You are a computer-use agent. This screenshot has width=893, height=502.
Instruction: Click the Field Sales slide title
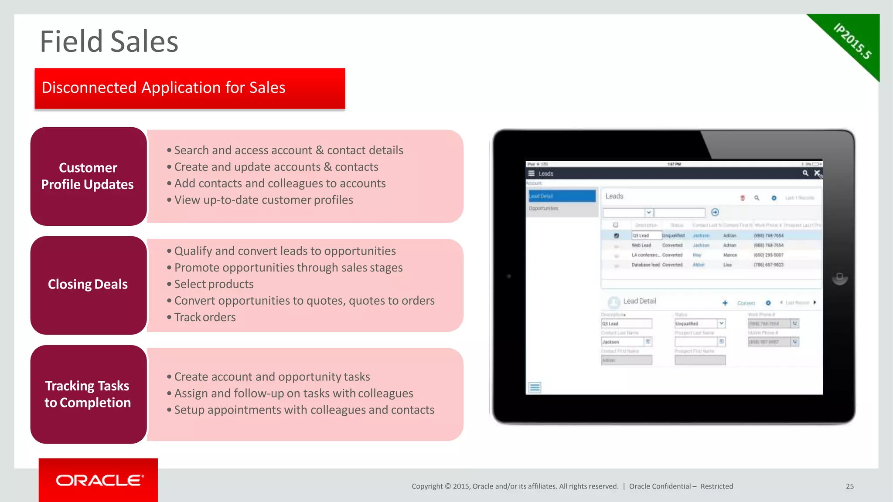[x=109, y=42]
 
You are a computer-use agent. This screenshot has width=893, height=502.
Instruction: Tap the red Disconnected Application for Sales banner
[x=190, y=88]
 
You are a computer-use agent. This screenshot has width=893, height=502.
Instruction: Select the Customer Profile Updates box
[x=88, y=176]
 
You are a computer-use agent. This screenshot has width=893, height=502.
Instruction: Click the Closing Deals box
[x=88, y=285]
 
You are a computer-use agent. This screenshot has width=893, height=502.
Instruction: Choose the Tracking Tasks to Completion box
[x=88, y=394]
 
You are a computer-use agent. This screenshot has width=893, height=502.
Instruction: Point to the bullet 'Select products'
[x=214, y=284]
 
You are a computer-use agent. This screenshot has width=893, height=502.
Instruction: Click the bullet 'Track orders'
[x=205, y=317]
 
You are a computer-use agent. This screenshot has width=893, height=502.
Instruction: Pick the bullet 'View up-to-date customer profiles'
[x=263, y=200]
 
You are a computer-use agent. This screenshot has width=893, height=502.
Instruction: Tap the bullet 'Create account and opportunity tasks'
[x=272, y=377]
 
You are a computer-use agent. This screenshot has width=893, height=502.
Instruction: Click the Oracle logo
[x=99, y=480]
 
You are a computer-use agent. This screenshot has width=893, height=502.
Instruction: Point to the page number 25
[x=849, y=486]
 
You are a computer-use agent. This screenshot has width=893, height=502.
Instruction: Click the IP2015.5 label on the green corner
[x=852, y=41]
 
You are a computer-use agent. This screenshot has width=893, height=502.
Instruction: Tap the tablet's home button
[x=839, y=277]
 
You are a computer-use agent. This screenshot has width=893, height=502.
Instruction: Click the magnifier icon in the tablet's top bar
[x=805, y=173]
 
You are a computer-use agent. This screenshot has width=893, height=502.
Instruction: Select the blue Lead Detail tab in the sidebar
[x=562, y=196]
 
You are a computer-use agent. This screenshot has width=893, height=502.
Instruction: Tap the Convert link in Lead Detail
[x=746, y=303]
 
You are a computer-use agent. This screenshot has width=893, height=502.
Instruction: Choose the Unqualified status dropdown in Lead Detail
[x=699, y=324]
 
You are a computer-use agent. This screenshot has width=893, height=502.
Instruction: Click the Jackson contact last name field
[x=623, y=342]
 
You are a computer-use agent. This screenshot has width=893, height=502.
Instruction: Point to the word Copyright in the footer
[x=427, y=486]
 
